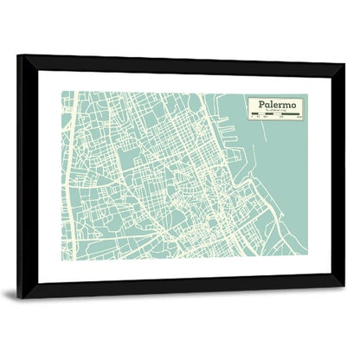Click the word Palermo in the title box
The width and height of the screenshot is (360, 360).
coord(273,105)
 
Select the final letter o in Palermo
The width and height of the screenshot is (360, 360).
coord(293,105)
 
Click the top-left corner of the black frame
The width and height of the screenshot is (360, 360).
coord(19,56)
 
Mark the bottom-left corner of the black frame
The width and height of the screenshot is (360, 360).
coord(19,296)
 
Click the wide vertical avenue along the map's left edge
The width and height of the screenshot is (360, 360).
coord(71,173)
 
